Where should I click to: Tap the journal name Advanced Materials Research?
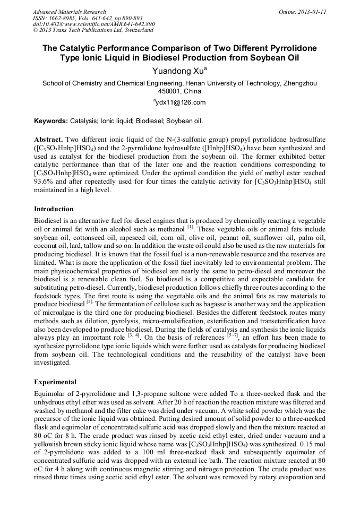pos(69,12)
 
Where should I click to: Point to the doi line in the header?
pos(93,24)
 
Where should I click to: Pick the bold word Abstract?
pos(49,138)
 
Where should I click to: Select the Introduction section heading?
pos(54,209)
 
